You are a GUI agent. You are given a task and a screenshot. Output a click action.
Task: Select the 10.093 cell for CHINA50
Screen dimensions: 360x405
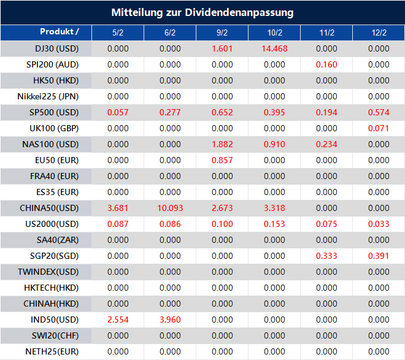[170, 208]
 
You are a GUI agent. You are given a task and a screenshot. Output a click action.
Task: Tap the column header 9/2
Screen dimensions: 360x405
[222, 33]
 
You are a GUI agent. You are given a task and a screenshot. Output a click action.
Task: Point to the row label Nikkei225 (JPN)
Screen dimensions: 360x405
[48, 96]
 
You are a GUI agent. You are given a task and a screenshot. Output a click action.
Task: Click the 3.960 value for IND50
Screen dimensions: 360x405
[170, 320]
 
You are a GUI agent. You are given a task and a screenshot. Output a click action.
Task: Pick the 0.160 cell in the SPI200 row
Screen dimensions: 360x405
[327, 64]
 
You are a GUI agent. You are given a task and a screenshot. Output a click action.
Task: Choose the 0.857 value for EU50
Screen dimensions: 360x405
[222, 160]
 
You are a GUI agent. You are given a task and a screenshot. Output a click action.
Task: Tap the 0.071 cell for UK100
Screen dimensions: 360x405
[379, 128]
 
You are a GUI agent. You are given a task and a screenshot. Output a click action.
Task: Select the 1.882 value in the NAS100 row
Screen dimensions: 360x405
[222, 144]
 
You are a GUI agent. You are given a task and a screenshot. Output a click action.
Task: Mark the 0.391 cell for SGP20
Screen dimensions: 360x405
[379, 256]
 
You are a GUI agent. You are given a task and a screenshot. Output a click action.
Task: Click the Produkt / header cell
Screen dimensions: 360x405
[59, 32]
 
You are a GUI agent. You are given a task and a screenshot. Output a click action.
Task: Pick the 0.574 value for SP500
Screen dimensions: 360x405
[379, 112]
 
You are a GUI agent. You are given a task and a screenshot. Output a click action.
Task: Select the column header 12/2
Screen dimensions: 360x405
[379, 33]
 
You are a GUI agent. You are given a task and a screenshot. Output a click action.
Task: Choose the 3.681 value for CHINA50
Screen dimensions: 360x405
[118, 208]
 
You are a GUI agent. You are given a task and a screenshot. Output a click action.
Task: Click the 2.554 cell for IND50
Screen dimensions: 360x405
[118, 320]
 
